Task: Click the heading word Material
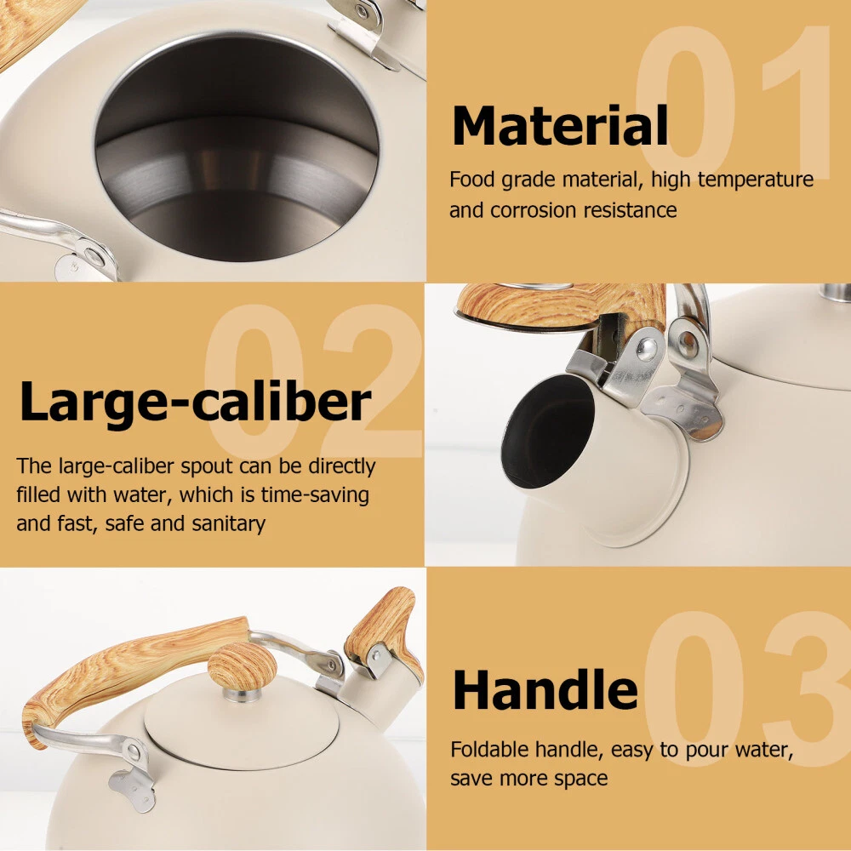(x=560, y=125)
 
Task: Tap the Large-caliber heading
(x=196, y=403)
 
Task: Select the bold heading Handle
(x=545, y=689)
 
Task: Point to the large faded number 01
(x=733, y=102)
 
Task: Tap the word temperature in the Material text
(x=755, y=179)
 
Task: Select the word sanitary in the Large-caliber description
(x=228, y=523)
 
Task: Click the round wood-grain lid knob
(x=242, y=669)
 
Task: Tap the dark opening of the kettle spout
(x=547, y=431)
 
